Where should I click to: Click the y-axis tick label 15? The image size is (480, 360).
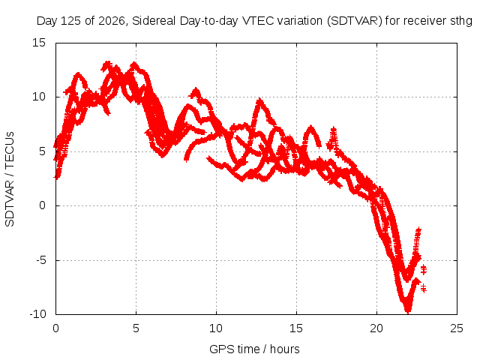point(39,43)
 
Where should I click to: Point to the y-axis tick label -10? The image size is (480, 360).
point(37,314)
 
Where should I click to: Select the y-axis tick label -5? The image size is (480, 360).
point(40,260)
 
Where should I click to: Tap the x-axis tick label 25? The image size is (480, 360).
point(457,328)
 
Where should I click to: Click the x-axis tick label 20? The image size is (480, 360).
point(376,328)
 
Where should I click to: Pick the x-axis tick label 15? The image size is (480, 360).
point(296,328)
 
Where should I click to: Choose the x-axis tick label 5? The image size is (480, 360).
point(136,328)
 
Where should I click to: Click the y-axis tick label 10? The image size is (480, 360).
point(39,97)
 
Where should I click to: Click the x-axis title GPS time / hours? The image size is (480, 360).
point(254,349)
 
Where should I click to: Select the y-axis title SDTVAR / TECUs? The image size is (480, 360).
point(10,179)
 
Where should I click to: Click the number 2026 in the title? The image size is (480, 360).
point(112,21)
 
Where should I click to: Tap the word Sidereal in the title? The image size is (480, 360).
point(154,21)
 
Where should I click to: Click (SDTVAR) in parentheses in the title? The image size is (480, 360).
point(355,21)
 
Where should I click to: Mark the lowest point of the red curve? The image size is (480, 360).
point(408,312)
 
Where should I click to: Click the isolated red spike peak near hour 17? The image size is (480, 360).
point(333,128)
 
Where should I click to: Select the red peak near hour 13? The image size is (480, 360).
point(260,100)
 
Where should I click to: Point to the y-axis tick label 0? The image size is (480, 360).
point(42,205)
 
